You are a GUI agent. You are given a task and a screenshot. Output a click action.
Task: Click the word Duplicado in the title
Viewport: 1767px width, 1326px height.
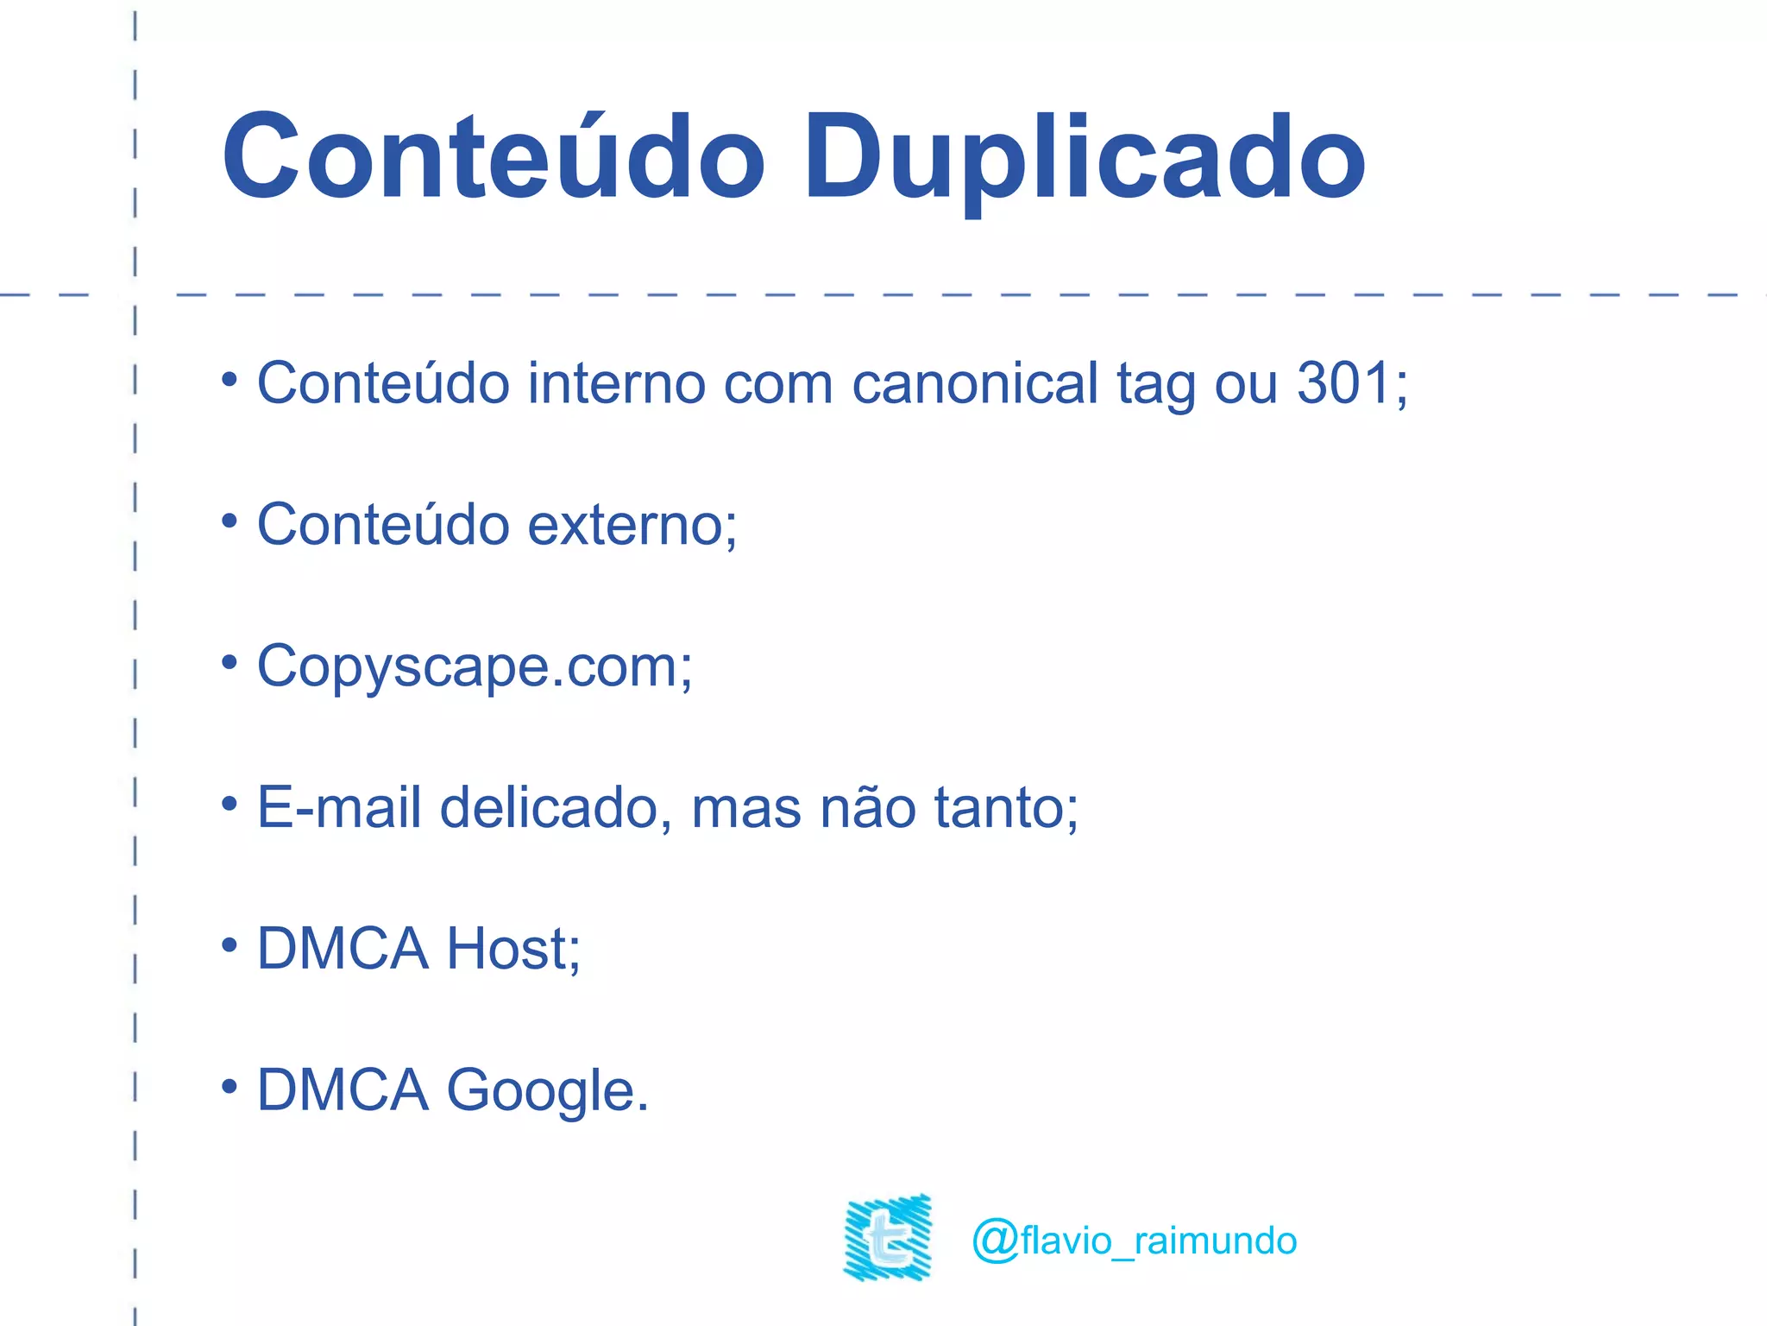[x=1085, y=160]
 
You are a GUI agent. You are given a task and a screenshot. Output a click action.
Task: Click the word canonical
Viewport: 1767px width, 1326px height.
[x=975, y=382]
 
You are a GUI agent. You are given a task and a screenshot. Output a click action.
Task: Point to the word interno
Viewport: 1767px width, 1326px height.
[x=617, y=382]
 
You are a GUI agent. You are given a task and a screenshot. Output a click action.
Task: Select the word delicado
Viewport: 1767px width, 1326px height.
[x=550, y=808]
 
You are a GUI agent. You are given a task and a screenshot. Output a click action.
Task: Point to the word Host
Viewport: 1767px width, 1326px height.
[x=507, y=949]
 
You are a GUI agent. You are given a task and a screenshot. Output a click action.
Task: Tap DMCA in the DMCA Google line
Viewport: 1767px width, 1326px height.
[x=343, y=1089]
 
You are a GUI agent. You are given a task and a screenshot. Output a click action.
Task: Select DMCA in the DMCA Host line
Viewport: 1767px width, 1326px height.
[x=343, y=949]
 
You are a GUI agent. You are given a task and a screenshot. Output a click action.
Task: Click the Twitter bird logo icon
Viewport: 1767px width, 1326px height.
[x=888, y=1237]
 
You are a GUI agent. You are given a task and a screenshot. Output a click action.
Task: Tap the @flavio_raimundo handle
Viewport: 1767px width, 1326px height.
[x=1134, y=1241]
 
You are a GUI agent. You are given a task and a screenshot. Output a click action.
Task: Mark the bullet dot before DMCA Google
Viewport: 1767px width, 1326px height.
[x=229, y=1086]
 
